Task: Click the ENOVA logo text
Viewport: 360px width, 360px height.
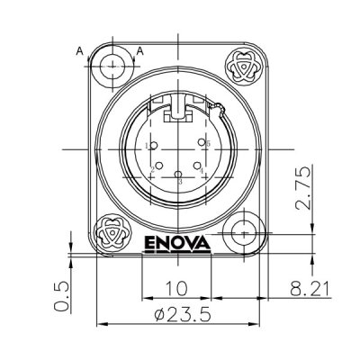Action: (175, 243)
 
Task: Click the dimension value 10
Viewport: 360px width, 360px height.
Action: (175, 289)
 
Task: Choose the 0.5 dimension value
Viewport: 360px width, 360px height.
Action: (61, 295)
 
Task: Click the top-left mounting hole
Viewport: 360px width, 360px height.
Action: (113, 66)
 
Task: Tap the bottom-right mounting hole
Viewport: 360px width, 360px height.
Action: (243, 233)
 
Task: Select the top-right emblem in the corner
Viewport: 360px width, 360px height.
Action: (244, 66)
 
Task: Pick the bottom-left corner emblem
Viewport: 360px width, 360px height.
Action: (112, 232)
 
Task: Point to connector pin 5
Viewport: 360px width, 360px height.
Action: (204, 144)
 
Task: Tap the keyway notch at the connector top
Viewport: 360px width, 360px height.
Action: (179, 112)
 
